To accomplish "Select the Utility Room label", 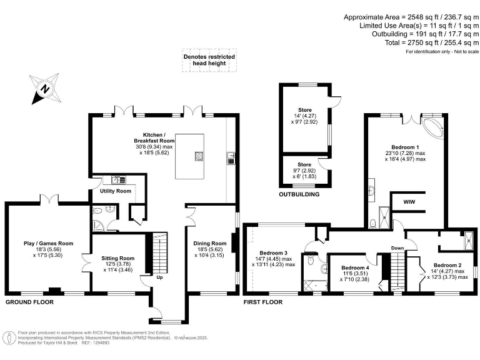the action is (x=116, y=191).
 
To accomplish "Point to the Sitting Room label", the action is (x=118, y=257).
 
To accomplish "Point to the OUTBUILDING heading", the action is (x=299, y=195).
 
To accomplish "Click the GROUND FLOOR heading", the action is (x=29, y=302).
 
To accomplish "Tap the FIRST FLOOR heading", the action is (x=263, y=302).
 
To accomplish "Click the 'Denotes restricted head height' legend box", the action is (x=209, y=60).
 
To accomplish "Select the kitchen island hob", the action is (x=200, y=156).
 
